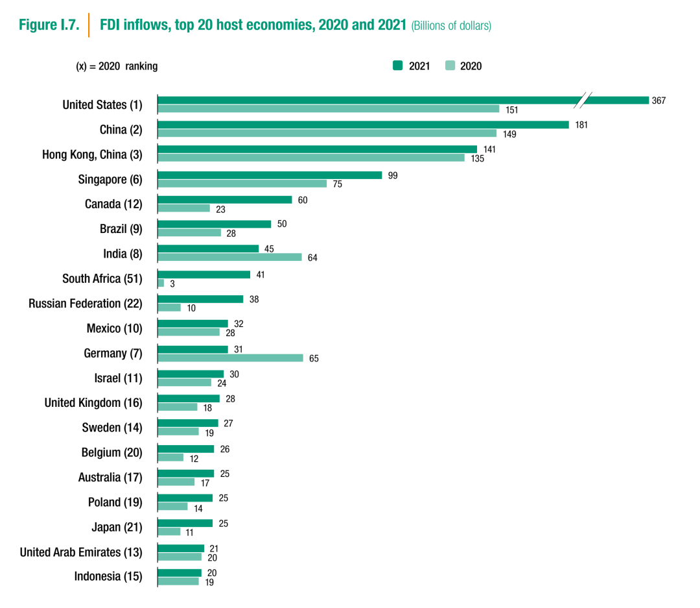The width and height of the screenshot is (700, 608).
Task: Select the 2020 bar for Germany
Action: coord(230,358)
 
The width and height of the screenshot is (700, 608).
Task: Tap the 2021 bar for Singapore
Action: coord(270,175)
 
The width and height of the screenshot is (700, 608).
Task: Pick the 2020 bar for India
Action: coord(229,257)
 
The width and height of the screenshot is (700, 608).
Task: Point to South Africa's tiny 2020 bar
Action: coord(161,283)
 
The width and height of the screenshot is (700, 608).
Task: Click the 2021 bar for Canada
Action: coord(225,200)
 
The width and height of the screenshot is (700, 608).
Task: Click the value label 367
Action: coord(659,101)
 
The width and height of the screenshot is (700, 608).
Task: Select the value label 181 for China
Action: coord(581,125)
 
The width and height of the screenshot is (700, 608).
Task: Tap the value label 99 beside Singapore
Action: coord(393,175)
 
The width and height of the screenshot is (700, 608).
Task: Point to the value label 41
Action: coord(261,274)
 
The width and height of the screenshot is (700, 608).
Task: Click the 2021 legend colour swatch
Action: coord(397,66)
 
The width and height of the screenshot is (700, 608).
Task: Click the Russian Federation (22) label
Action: coord(85,304)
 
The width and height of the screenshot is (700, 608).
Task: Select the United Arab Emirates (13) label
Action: coord(81,552)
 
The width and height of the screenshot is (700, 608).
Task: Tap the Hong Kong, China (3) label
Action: coord(92,155)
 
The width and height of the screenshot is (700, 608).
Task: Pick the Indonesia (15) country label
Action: coord(108,576)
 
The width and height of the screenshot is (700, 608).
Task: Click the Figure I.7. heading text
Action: coord(49,25)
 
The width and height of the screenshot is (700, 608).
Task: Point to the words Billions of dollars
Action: coord(451,26)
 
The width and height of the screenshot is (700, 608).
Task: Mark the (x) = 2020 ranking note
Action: coord(117,66)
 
